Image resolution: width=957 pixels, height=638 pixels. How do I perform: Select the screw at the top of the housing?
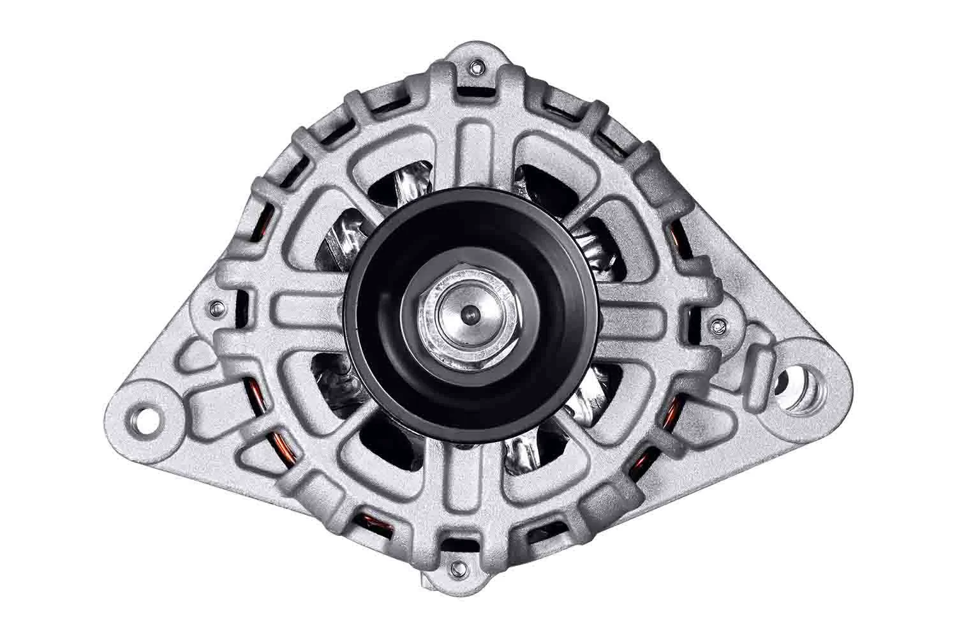pyautogui.click(x=475, y=66)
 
